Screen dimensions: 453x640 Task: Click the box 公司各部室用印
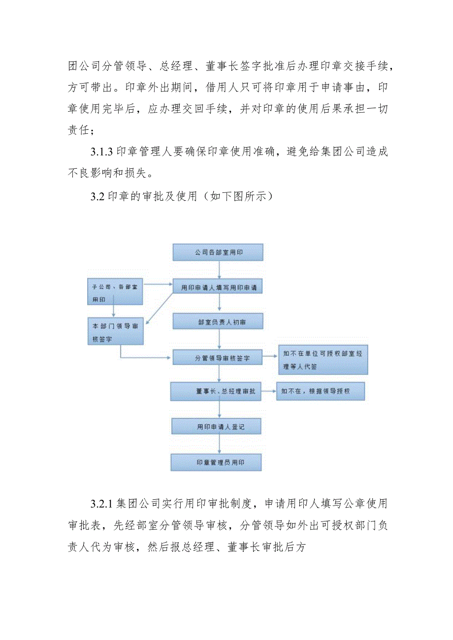click(218, 252)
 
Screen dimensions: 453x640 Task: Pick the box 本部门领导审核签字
click(115, 330)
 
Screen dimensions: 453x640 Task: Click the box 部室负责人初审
click(218, 321)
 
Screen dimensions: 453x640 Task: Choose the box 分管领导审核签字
click(218, 358)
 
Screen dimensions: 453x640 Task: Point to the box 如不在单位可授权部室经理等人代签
click(323, 360)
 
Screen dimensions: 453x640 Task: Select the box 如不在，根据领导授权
click(321, 391)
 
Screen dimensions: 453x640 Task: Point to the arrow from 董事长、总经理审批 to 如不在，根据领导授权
click(268, 391)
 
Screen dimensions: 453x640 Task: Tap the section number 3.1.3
click(102, 152)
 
